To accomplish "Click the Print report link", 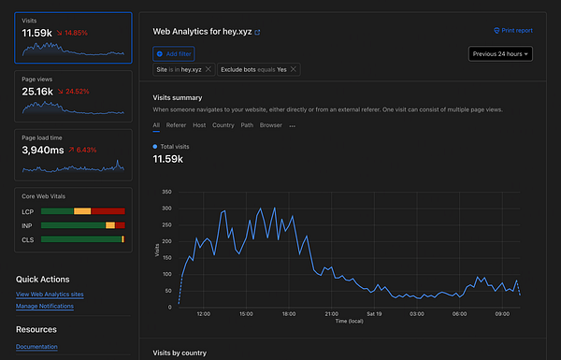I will pyautogui.click(x=512, y=31).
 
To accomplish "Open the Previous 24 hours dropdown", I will pyautogui.click(x=500, y=53).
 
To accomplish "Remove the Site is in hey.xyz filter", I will pyautogui.click(x=209, y=69).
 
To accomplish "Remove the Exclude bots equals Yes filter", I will pyautogui.click(x=294, y=69).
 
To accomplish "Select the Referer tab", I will pyautogui.click(x=176, y=124).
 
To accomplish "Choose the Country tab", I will pyautogui.click(x=223, y=124).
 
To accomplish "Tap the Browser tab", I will pyautogui.click(x=270, y=124).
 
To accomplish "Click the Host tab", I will pyautogui.click(x=199, y=124).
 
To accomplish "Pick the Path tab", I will pyautogui.click(x=247, y=124).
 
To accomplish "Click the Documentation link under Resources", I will pyautogui.click(x=36, y=347).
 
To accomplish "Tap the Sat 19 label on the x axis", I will pyautogui.click(x=374, y=314).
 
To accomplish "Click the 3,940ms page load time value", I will pyautogui.click(x=42, y=150).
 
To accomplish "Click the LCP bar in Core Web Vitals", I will pyautogui.click(x=83, y=211).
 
